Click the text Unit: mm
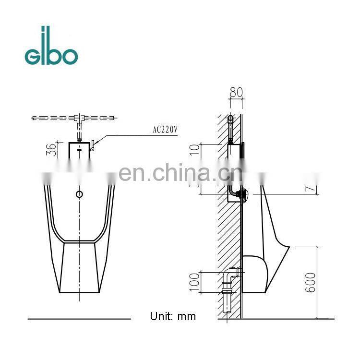pos(173,316)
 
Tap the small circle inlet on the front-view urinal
pos(80,194)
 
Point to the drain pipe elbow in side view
pos(229,275)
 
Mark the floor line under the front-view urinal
pos(79,318)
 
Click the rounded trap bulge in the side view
pos(254,274)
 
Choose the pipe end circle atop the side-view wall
pos(231,118)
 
